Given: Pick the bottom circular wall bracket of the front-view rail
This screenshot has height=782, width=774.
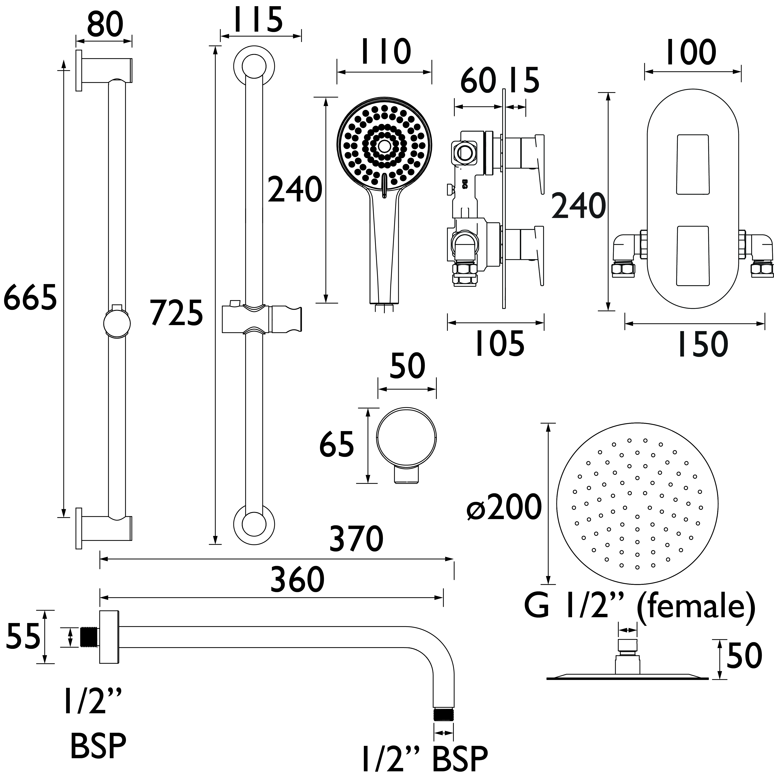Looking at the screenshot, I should click(x=254, y=525).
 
